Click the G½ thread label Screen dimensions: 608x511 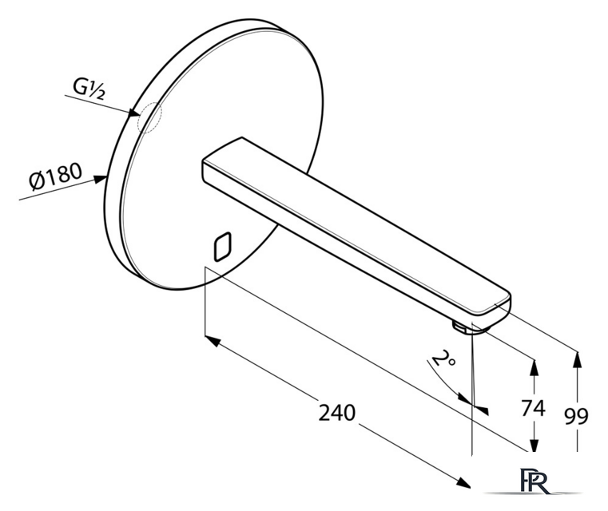(89, 89)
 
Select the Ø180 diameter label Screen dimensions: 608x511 (56, 176)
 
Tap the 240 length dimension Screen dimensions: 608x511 (336, 412)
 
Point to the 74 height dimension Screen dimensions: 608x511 (533, 408)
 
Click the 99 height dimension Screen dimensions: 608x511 (576, 416)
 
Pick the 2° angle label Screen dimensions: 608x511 (443, 358)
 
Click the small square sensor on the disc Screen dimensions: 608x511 (223, 247)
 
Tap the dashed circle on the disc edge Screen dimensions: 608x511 (150, 117)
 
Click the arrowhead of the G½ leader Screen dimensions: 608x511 (134, 113)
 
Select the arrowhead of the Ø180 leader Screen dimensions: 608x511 (101, 180)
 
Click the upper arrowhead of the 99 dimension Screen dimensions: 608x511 (577, 359)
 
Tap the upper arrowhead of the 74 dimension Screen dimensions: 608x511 (534, 367)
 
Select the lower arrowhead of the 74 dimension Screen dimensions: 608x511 (534, 443)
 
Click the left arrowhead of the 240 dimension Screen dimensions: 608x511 (213, 341)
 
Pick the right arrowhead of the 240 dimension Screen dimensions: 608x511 (463, 483)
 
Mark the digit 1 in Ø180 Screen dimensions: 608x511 (51, 177)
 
